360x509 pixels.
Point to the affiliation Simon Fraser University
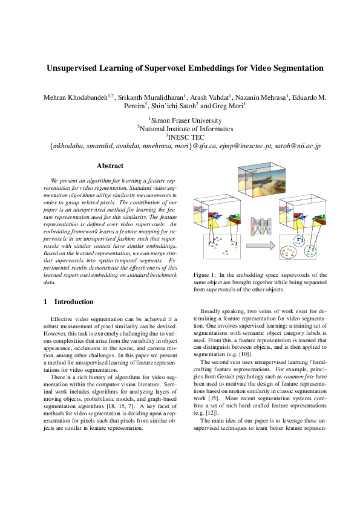(x=181, y=120)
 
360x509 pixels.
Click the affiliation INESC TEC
(x=181, y=137)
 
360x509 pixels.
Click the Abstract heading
(x=110, y=166)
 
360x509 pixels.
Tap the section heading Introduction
(x=74, y=302)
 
